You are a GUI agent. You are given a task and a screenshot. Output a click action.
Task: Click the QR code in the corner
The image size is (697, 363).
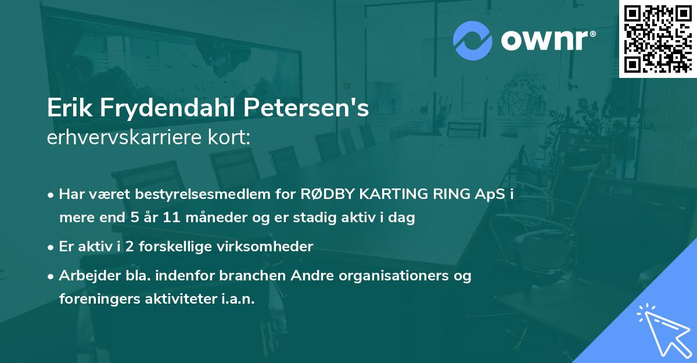pyautogui.click(x=657, y=38)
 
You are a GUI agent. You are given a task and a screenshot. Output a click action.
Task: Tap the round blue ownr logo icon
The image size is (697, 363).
pyautogui.click(x=473, y=41)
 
